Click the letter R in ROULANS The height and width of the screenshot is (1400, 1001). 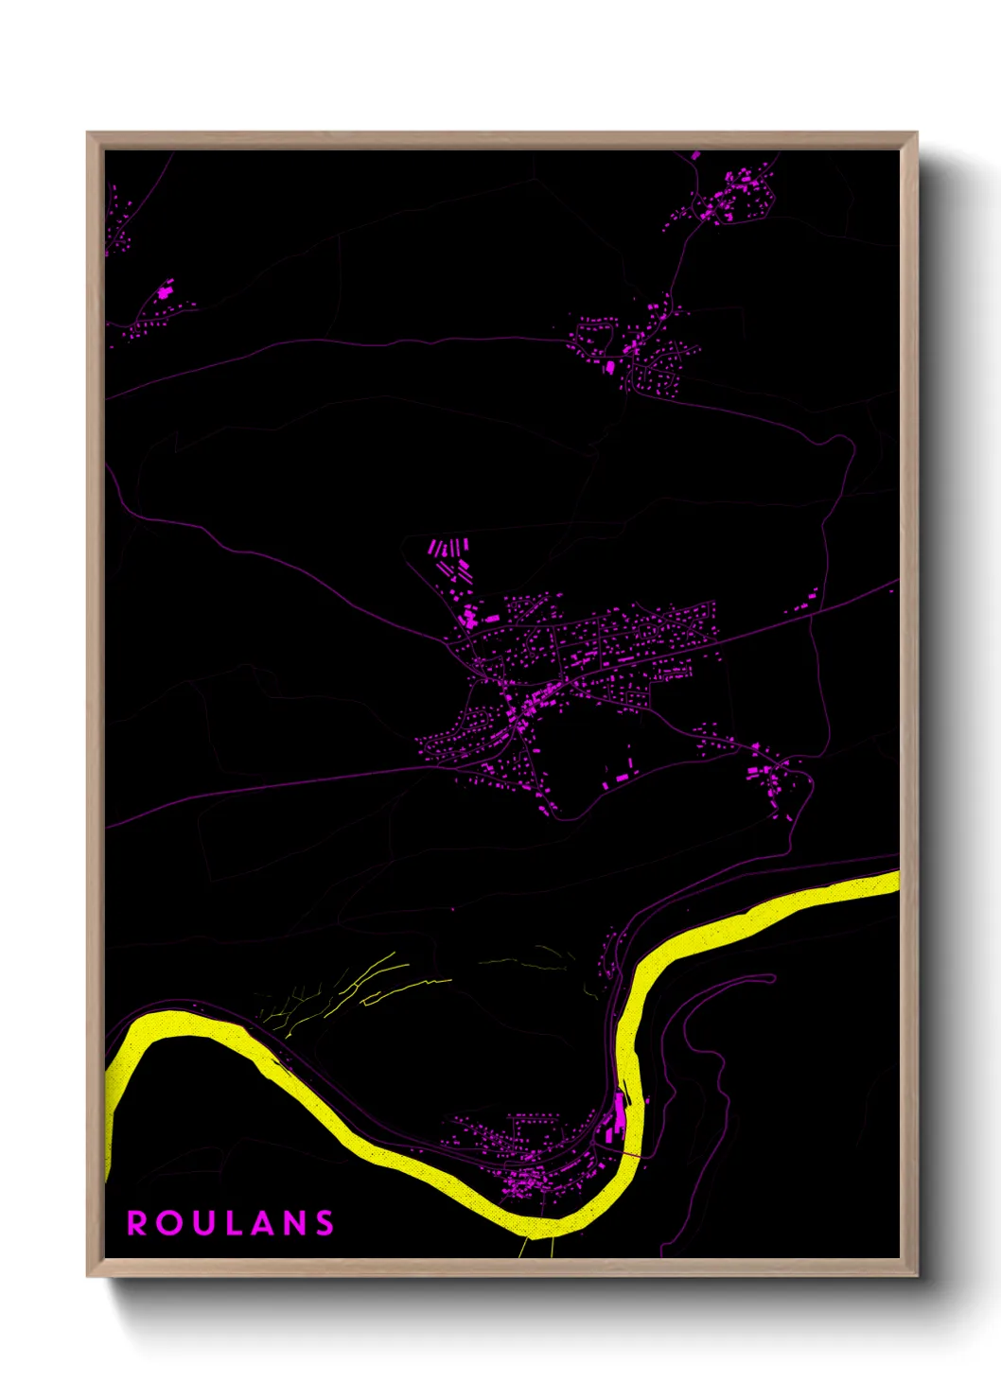(x=137, y=1224)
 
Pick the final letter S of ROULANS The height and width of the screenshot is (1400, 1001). (x=325, y=1224)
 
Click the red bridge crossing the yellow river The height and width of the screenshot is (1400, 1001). (x=628, y=1154)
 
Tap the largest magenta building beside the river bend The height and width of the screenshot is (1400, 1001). (x=621, y=1112)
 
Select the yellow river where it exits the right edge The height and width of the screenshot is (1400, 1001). (x=889, y=884)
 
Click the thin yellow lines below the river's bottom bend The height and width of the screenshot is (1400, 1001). (x=536, y=1247)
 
